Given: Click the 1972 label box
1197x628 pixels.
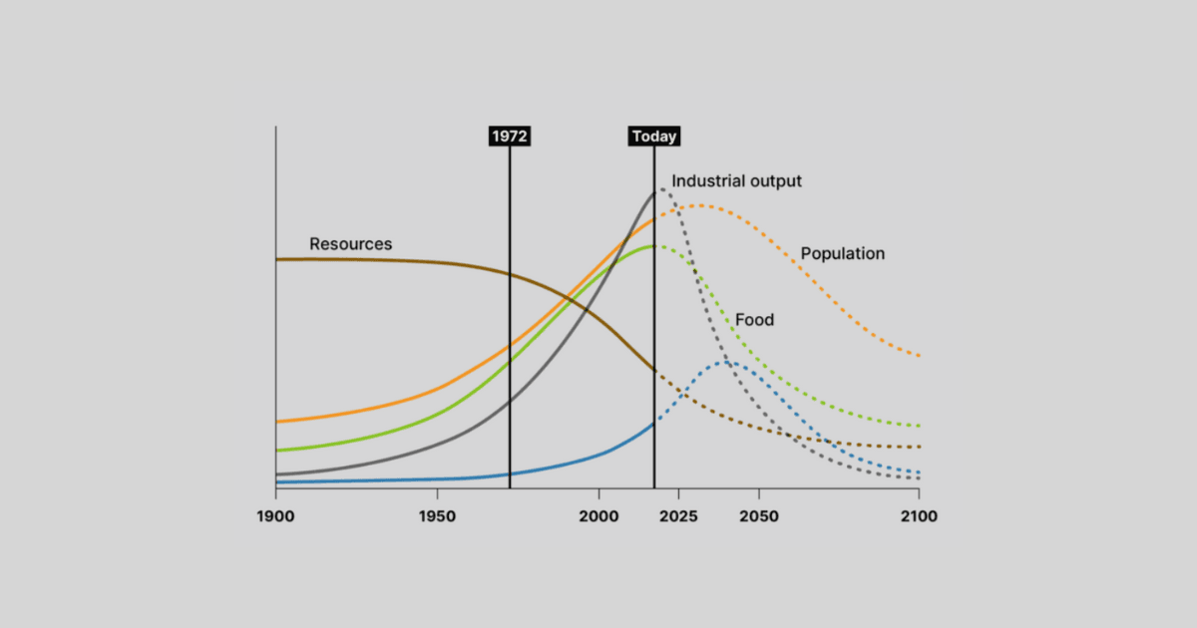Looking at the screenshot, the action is (x=510, y=137).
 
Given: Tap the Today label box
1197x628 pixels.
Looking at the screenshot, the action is (x=654, y=137).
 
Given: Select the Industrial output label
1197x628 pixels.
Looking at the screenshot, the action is (x=736, y=181).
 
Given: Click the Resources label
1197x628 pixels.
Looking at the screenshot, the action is (x=350, y=244).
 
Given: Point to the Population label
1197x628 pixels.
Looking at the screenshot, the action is (x=842, y=253).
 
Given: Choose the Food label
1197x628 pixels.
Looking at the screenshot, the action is (x=754, y=320).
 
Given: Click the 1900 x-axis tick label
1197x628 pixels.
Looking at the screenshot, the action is (x=275, y=516).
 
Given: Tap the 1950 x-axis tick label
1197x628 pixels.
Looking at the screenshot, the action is (x=437, y=516).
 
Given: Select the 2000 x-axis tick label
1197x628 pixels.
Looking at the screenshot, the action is (x=598, y=516).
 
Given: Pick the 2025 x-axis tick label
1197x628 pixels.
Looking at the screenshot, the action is (x=678, y=516).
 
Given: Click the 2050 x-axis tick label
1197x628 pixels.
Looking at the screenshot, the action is (x=759, y=516).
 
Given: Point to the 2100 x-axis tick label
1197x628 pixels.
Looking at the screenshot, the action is (x=919, y=516).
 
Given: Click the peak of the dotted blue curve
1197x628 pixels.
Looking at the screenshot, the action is (x=728, y=363).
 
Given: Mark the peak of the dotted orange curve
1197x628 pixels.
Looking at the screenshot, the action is (x=699, y=205).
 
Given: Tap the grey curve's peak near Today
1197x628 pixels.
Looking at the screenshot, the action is (x=661, y=188).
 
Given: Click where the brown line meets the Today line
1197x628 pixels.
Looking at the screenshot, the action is (x=654, y=371).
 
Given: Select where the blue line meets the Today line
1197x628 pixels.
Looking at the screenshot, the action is (x=654, y=424).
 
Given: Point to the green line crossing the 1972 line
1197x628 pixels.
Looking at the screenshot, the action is (x=510, y=362).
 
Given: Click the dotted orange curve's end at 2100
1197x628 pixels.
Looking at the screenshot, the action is (x=919, y=356).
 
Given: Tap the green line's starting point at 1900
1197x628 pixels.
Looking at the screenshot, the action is (x=276, y=451).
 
